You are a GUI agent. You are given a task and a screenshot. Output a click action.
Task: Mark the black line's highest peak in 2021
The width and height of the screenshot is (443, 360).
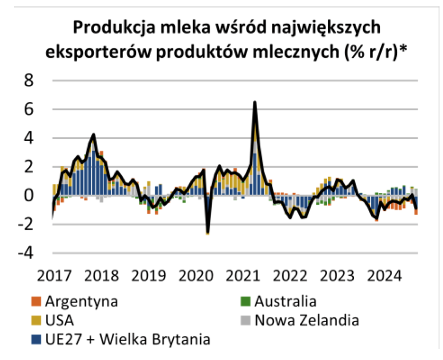(x=255, y=102)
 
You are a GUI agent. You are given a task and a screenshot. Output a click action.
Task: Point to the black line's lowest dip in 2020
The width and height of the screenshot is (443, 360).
(x=208, y=233)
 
